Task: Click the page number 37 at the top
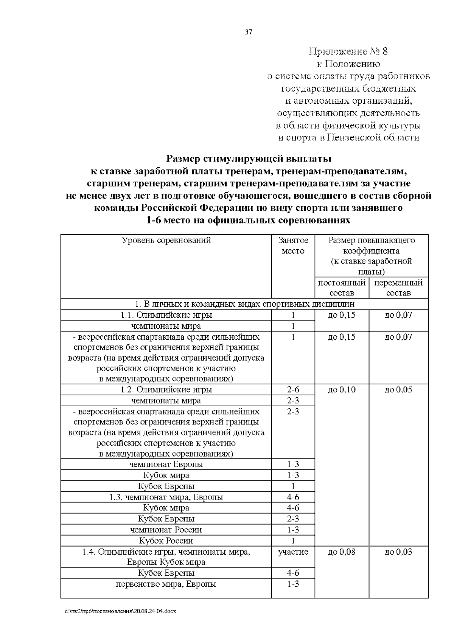[248, 32]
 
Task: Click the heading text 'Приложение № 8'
[348, 51]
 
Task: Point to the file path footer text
[120, 611]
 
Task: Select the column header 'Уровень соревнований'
[166, 241]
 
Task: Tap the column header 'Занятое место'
[293, 246]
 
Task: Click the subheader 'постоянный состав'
[342, 288]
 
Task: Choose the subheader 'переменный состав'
[398, 288]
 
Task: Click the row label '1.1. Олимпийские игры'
[166, 315]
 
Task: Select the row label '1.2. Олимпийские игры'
[166, 390]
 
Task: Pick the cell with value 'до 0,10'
[342, 390]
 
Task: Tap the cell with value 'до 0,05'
[398, 390]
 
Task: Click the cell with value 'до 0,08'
[342, 552]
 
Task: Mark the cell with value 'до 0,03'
[398, 552]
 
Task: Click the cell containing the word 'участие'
[293, 552]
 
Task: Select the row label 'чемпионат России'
[166, 530]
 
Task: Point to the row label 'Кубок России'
[166, 541]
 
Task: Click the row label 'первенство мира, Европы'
[166, 584]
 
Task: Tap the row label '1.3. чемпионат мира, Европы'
[166, 497]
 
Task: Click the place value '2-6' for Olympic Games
[293, 390]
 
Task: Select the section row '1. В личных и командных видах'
[245, 304]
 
